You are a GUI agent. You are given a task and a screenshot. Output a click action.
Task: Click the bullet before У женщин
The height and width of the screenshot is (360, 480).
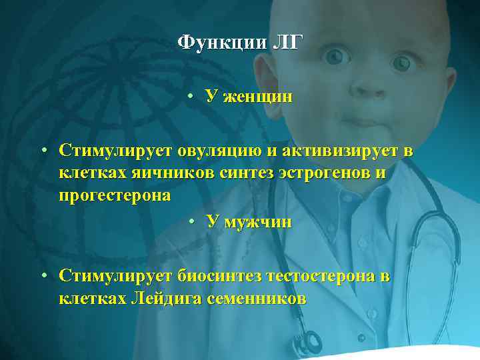coord(191,97)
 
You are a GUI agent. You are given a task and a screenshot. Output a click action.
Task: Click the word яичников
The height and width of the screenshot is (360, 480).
coord(173,174)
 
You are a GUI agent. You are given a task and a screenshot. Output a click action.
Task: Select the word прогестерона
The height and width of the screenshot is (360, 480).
coord(114,197)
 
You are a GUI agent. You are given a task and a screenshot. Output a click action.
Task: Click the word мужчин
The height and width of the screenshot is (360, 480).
coord(258,222)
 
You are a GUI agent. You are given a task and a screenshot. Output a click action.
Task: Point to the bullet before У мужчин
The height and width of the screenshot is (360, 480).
coord(191,222)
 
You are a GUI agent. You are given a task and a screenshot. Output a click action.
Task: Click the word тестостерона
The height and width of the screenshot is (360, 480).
coord(322,276)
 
